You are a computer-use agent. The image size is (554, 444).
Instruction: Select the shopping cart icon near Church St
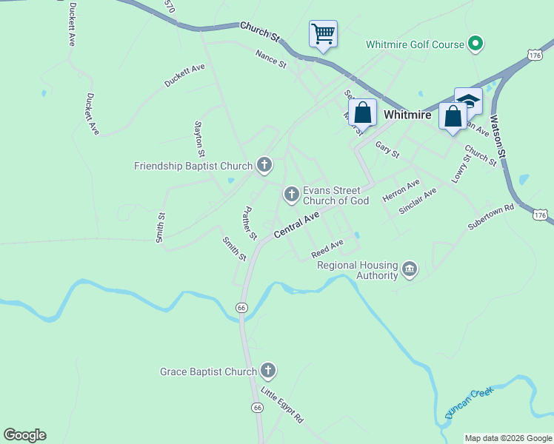point(323,33)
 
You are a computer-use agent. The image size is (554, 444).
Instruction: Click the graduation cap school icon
point(468,101)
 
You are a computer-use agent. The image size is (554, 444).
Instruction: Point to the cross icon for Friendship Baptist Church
point(264,165)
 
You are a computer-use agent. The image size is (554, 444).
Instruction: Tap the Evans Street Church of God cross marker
point(292,195)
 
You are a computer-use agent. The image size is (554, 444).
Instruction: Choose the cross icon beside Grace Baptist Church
point(268,370)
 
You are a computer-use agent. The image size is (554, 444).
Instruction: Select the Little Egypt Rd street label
point(281,404)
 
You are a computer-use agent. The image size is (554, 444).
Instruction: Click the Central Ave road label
point(296,224)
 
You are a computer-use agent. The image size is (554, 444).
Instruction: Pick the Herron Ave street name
point(401,190)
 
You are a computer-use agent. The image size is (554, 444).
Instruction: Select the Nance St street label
point(270,58)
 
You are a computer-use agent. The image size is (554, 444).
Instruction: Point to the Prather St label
point(249,223)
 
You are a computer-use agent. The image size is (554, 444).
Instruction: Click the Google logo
point(24,435)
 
